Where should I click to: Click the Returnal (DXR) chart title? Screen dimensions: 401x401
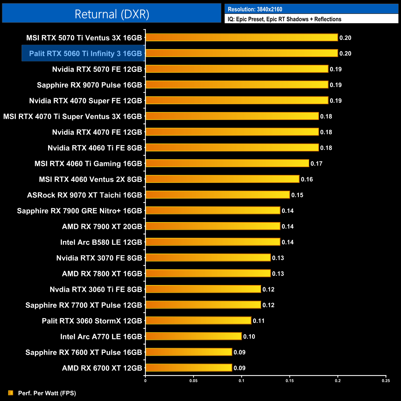(112, 14)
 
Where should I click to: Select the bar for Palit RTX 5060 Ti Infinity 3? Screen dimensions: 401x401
(242, 53)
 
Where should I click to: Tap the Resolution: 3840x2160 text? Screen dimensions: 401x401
(255, 9)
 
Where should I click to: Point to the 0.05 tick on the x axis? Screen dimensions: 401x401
(193, 381)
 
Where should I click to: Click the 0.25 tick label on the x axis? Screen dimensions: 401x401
(386, 381)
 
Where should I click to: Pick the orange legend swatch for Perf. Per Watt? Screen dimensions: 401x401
(11, 393)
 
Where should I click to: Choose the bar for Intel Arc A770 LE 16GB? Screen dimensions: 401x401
(193, 337)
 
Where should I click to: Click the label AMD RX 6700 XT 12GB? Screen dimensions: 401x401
(102, 368)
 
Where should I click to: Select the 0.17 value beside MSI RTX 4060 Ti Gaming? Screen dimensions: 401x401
(316, 163)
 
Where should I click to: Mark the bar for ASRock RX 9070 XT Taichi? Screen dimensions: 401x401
(217, 195)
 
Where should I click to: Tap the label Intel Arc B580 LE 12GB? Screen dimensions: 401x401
(101, 242)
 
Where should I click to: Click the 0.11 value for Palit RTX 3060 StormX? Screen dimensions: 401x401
(259, 321)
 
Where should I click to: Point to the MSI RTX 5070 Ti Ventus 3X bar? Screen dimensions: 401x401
(242, 38)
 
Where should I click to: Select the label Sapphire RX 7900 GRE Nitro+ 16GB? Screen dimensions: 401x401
(80, 211)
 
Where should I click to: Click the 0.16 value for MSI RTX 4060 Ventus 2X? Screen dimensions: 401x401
(307, 179)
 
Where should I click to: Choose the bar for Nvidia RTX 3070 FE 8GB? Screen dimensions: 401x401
(208, 258)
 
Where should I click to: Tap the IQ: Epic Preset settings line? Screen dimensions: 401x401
(284, 19)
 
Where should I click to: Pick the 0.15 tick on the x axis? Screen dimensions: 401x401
(290, 381)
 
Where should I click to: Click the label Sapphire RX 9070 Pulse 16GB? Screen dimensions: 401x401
(89, 85)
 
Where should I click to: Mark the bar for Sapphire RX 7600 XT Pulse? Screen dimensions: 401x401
(188, 352)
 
